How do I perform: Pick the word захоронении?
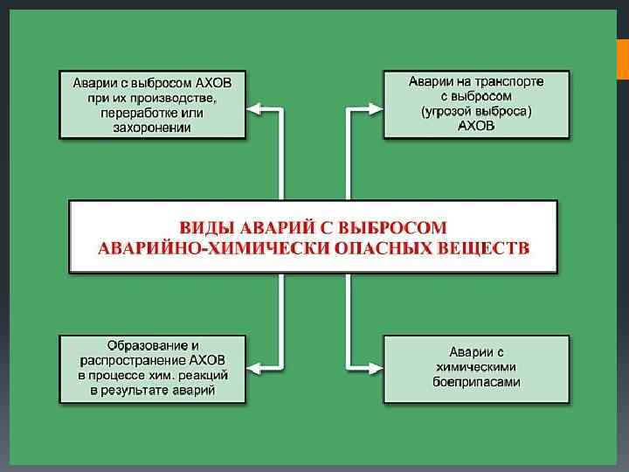coord(153,127)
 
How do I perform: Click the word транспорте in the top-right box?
coord(511,81)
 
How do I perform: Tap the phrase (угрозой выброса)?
coord(476,111)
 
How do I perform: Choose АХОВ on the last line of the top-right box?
coord(476,126)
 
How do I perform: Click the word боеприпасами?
coord(476,383)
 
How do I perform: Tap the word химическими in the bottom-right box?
coord(476,368)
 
